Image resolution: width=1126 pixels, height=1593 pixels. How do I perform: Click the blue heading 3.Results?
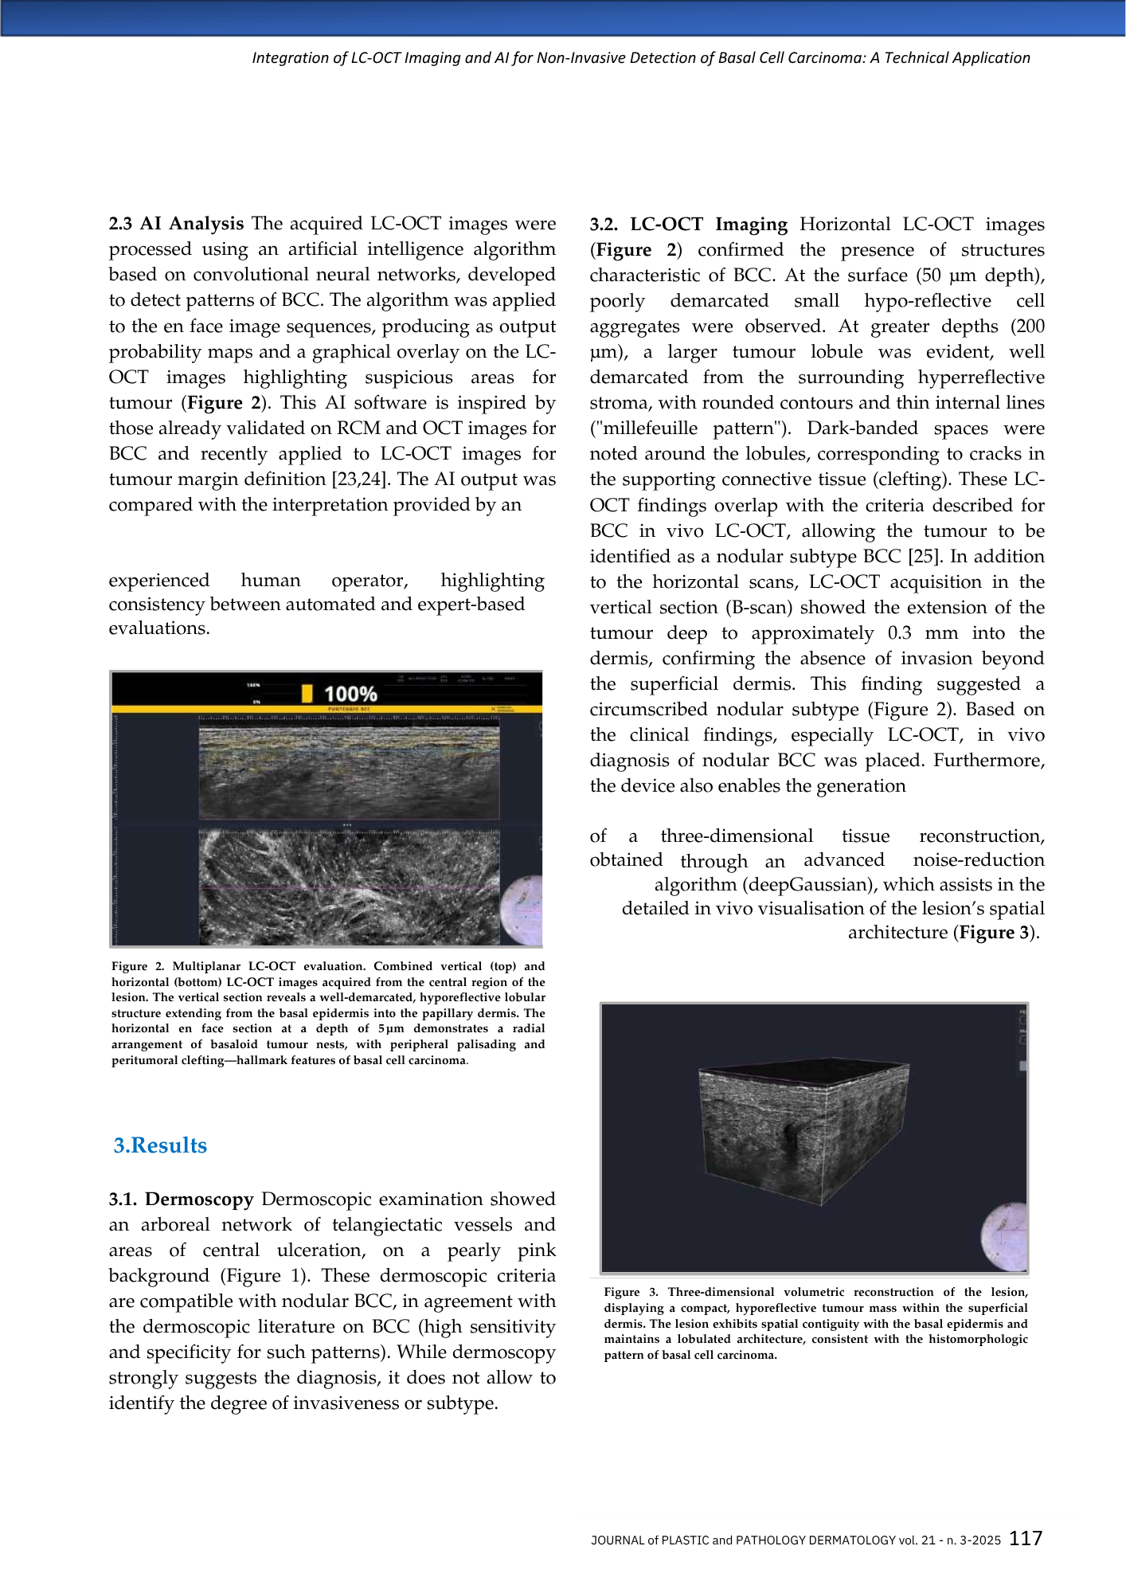(x=160, y=1145)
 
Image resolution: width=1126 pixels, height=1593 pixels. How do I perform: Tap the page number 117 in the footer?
(x=1026, y=1538)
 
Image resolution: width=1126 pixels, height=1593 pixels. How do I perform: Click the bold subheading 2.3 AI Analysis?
(x=176, y=224)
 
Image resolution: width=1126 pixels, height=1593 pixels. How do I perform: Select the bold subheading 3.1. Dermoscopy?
(x=181, y=1199)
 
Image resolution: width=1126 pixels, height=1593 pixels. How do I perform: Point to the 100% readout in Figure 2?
(x=350, y=694)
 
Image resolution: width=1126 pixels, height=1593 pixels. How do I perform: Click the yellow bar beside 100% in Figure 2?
(x=307, y=693)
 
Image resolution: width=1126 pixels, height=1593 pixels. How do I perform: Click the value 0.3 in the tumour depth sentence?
(x=899, y=633)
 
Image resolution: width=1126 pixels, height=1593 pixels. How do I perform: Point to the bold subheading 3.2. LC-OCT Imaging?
(x=688, y=225)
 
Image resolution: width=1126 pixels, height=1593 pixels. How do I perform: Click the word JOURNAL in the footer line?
(x=617, y=1540)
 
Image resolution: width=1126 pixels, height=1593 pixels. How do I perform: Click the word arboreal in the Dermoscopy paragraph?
(x=176, y=1225)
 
